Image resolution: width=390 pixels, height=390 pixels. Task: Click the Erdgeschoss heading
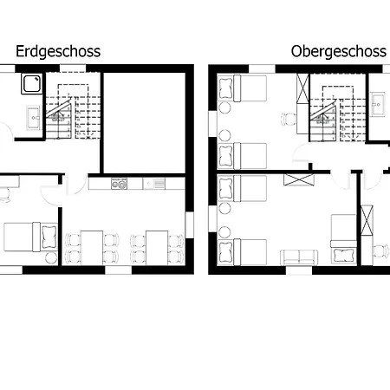[x=58, y=52]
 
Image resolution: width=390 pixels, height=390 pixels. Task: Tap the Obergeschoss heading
[x=339, y=52]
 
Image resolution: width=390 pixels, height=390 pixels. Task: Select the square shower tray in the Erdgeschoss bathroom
[x=32, y=83]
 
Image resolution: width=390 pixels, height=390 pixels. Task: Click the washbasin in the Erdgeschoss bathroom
[x=33, y=118]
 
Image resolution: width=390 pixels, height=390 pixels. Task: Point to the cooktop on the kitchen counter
[x=119, y=184]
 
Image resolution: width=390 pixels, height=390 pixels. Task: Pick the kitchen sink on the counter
[x=154, y=184]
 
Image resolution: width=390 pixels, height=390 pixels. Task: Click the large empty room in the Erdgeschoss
[x=144, y=123]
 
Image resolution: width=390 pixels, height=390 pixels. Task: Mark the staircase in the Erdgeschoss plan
[x=73, y=112]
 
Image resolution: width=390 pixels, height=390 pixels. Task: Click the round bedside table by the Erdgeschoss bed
[x=51, y=257]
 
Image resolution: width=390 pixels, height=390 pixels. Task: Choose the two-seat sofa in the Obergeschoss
[x=299, y=257]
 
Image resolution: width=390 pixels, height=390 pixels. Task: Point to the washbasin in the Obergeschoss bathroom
[x=378, y=105]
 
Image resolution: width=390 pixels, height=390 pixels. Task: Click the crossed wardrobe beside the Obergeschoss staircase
[x=302, y=88]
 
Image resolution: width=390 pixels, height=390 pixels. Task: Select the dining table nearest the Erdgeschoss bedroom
[x=92, y=248]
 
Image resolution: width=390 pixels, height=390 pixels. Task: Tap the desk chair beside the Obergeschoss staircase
[x=289, y=119]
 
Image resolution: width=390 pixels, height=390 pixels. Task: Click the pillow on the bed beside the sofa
[x=343, y=256]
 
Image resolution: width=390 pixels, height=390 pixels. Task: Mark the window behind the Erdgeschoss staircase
[x=73, y=68]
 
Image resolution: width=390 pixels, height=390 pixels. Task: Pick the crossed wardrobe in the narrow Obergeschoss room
[x=367, y=220]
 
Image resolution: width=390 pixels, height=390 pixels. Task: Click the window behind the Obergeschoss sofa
[x=299, y=270]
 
